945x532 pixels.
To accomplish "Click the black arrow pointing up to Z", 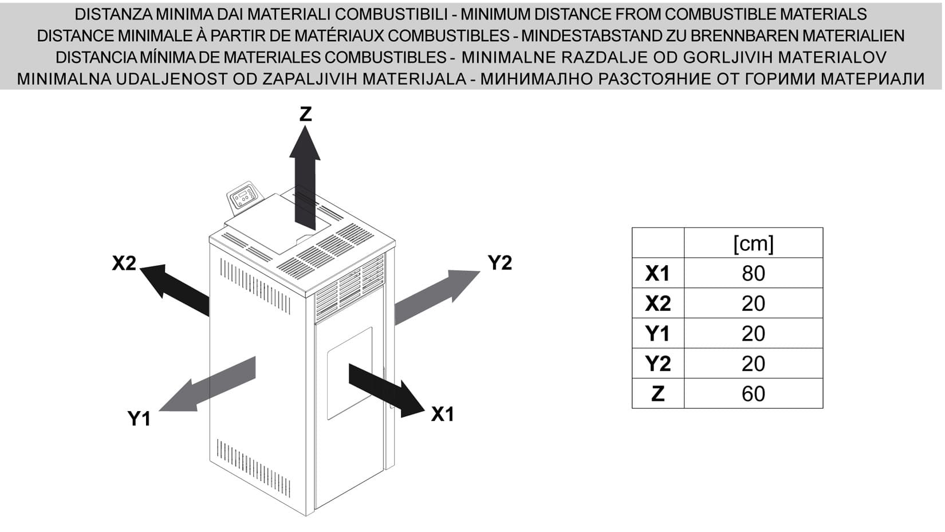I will click(x=305, y=178).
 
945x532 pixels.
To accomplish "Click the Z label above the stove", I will click(x=305, y=114).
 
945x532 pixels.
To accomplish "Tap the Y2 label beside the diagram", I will click(x=499, y=263).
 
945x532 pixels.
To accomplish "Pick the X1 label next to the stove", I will click(x=442, y=414).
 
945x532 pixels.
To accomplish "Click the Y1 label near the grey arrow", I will click(x=139, y=419).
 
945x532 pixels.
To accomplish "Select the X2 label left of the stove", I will click(x=124, y=263).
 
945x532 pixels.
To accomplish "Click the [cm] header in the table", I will click(x=753, y=243).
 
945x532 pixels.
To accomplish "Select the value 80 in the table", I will click(x=753, y=274).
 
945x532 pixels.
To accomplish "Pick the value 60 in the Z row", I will click(x=753, y=394).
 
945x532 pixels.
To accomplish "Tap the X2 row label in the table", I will click(x=657, y=304).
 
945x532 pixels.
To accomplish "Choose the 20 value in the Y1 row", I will click(x=753, y=334).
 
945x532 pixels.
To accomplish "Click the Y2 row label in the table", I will click(x=657, y=364).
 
